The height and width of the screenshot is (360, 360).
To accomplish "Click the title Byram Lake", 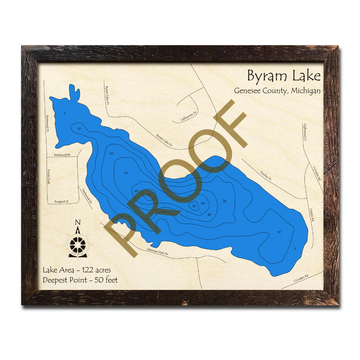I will pos(283,76).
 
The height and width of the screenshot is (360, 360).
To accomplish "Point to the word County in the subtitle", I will pos(276,91).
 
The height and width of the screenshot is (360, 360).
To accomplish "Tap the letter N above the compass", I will pos(78,223).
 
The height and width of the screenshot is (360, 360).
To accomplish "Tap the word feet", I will pos(111,280).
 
